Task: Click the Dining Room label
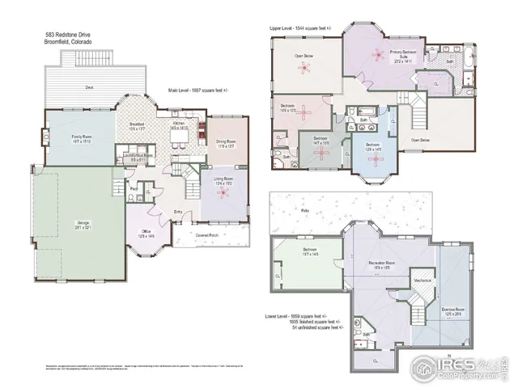tap(225, 141)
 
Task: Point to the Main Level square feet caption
tap(199, 91)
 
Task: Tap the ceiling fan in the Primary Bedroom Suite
tap(377, 53)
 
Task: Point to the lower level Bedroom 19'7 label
tap(309, 252)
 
